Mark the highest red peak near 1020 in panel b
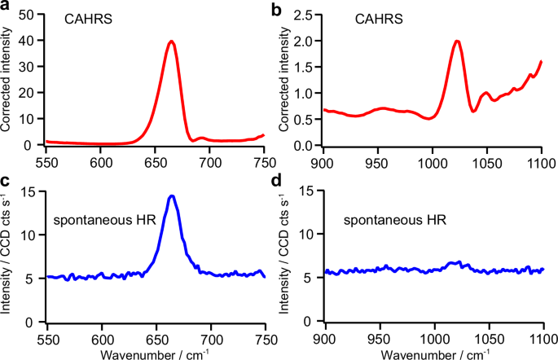tap(457, 42)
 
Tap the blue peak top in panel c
tap(172, 196)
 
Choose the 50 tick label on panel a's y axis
tap(31, 15)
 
